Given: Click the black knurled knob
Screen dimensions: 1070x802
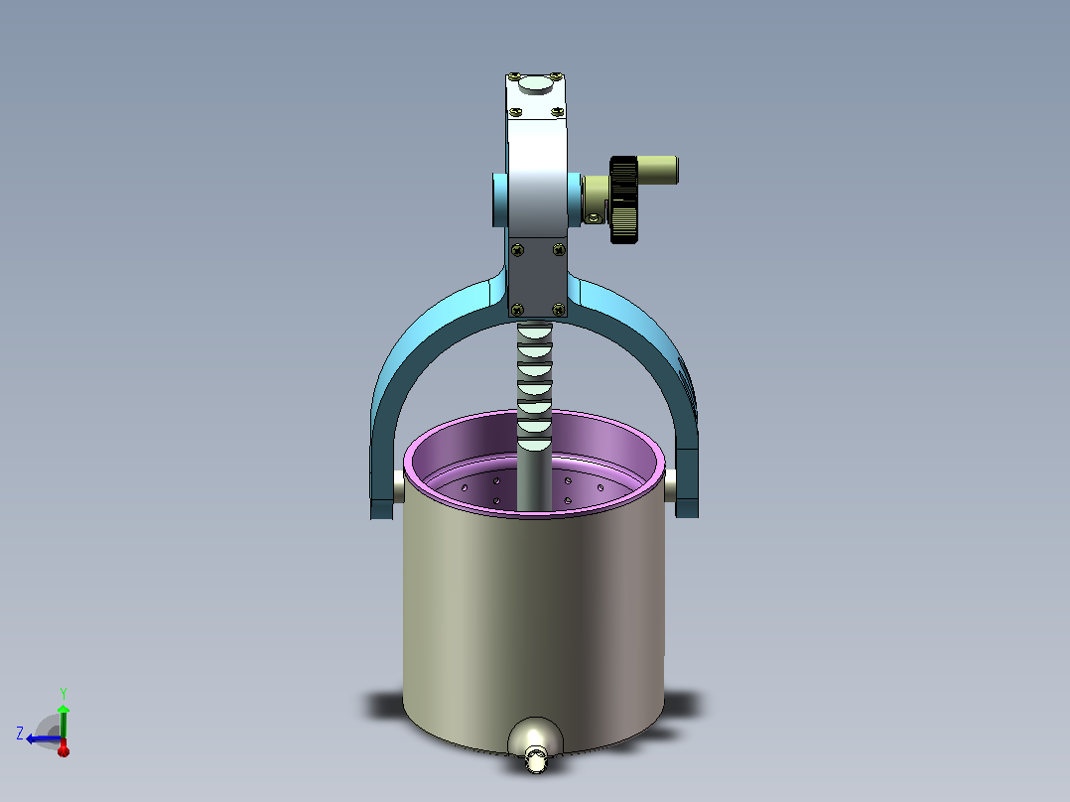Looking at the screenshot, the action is pyautogui.click(x=623, y=200).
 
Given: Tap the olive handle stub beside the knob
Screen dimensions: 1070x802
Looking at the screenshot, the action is pyautogui.click(x=657, y=170).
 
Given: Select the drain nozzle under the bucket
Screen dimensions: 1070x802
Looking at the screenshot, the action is pyautogui.click(x=536, y=759).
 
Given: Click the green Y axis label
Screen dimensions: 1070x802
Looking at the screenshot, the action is pyautogui.click(x=64, y=694).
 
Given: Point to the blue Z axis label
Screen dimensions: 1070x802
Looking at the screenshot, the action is pyautogui.click(x=20, y=734).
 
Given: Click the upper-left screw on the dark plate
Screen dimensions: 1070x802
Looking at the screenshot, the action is pyautogui.click(x=517, y=250).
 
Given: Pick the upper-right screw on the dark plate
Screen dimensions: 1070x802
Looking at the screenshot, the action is pyautogui.click(x=559, y=250).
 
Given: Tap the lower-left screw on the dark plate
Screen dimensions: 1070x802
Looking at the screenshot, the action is pyautogui.click(x=517, y=310).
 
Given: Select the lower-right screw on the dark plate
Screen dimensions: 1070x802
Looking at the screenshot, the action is pyautogui.click(x=558, y=310).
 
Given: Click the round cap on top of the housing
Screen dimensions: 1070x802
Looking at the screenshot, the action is pyautogui.click(x=536, y=84).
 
